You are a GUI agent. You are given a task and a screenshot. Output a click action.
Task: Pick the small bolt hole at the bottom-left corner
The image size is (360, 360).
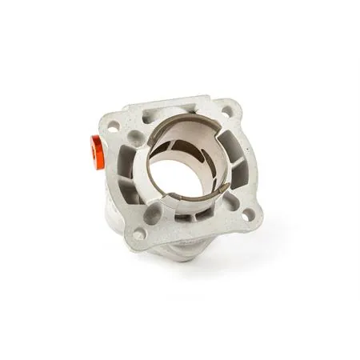[141, 234]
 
